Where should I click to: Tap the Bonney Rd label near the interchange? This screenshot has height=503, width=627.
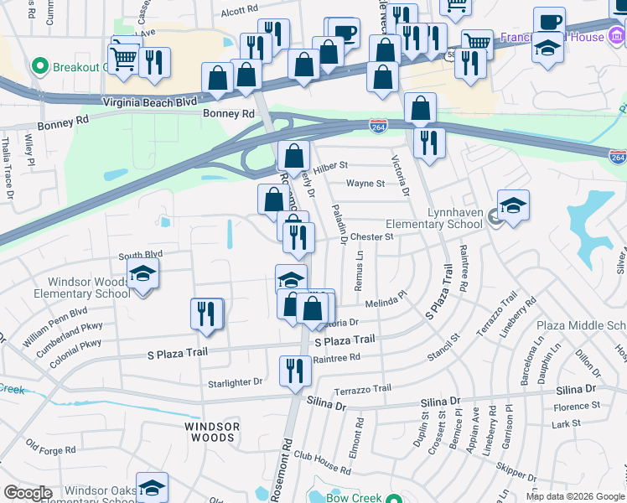[x=227, y=113]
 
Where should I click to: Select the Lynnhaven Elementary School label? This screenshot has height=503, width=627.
[x=434, y=219]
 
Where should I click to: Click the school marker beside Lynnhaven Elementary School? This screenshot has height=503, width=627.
[x=513, y=205]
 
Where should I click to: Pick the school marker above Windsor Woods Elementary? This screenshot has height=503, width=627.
[x=142, y=274]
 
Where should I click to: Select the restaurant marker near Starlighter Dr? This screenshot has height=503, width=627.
[x=294, y=371]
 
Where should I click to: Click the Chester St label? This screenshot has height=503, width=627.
[x=371, y=237]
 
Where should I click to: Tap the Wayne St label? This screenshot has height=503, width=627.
[x=365, y=183]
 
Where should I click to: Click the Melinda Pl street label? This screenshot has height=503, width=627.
[x=385, y=299]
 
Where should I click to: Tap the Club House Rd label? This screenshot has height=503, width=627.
[x=322, y=463]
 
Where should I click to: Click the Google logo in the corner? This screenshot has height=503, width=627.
[x=27, y=493]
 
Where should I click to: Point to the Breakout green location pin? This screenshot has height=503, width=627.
[x=39, y=66]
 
